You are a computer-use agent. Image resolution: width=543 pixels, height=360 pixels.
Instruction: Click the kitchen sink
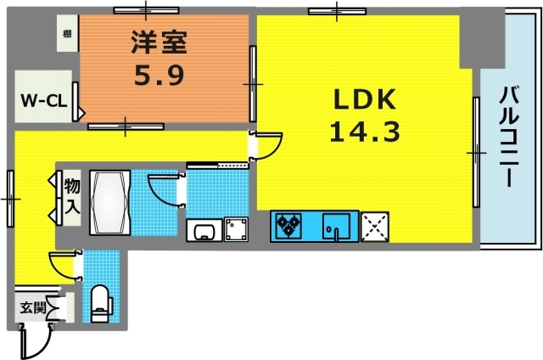click(339, 227)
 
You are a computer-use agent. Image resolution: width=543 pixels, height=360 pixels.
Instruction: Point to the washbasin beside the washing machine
click(204, 230)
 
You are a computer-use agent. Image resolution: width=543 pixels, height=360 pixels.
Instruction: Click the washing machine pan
click(235, 229)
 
